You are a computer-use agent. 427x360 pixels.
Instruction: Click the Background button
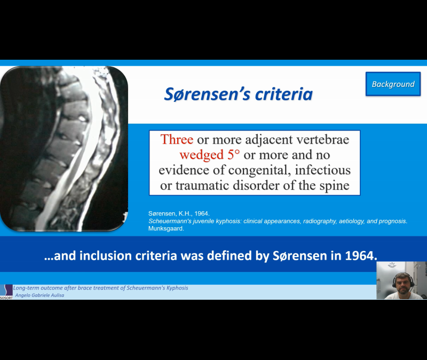pyautogui.click(x=393, y=84)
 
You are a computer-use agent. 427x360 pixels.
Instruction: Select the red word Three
pyautogui.click(x=177, y=140)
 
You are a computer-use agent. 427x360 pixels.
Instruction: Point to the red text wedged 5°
pyautogui.click(x=210, y=155)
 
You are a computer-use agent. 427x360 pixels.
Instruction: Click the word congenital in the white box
pyautogui.click(x=264, y=171)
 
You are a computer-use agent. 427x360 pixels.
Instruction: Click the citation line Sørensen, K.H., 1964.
pyautogui.click(x=179, y=213)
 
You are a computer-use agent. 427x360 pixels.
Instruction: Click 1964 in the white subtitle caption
pyautogui.click(x=360, y=255)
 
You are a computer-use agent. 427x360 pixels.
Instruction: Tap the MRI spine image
pyautogui.click(x=64, y=149)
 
